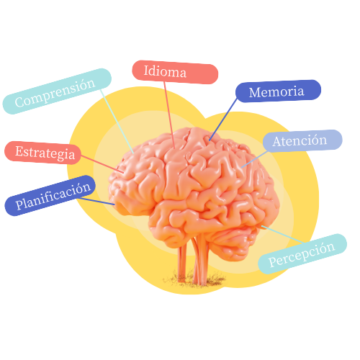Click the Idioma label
pyautogui.click(x=175, y=72)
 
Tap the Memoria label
pyautogui.click(x=278, y=91)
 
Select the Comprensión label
pyautogui.click(x=57, y=91)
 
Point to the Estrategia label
pyautogui.click(x=42, y=153)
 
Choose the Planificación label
pyautogui.click(x=50, y=196)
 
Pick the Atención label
pyautogui.click(x=302, y=141)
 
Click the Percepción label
pyautogui.click(x=302, y=254)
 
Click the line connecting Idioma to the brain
pyautogui.click(x=169, y=115)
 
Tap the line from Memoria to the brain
pyautogui.click(x=223, y=120)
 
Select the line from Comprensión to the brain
pyautogui.click(x=117, y=122)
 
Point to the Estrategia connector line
pyautogui.click(x=102, y=164)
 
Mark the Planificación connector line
pyautogui.click(x=97, y=202)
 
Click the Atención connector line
pyautogui.click(x=254, y=159)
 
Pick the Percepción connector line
pyautogui.click(x=282, y=234)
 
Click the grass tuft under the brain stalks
pyautogui.click(x=194, y=279)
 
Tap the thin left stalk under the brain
pyautogui.click(x=182, y=264)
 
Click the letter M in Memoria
pyautogui.click(x=256, y=93)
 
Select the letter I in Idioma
pyautogui.click(x=146, y=71)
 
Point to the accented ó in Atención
pyautogui.click(x=315, y=140)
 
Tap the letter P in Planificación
pyautogui.click(x=20, y=204)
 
